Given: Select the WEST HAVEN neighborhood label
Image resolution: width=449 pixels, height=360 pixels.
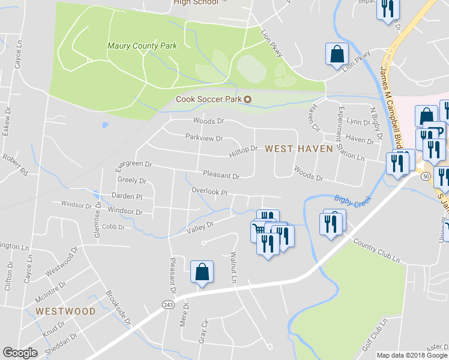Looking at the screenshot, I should pyautogui.click(x=298, y=148).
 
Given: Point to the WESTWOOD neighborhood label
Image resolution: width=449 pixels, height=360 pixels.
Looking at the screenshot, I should pyautogui.click(x=65, y=311).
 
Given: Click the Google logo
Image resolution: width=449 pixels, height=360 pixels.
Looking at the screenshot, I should pyautogui.click(x=20, y=353).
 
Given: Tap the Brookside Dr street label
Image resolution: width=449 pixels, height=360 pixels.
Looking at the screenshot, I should pyautogui.click(x=118, y=308).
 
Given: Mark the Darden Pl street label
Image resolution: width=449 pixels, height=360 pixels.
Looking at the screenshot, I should pyautogui.click(x=127, y=196).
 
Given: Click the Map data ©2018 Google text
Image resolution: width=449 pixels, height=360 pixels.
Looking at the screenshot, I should pyautogui.click(x=412, y=355).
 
